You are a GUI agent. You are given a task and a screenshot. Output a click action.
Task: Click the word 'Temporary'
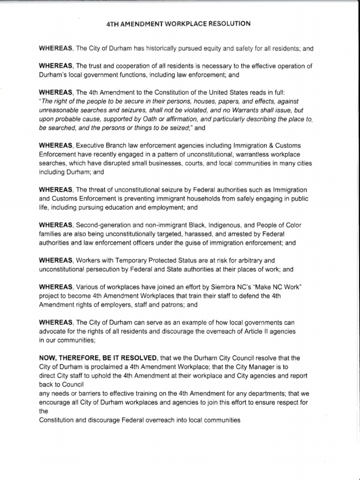129,260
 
